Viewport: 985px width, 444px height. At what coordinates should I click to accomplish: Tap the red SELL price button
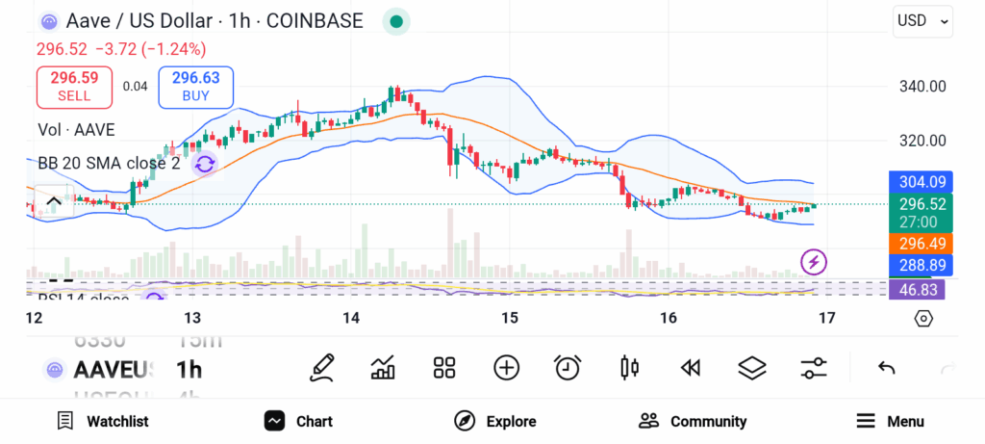click(x=74, y=87)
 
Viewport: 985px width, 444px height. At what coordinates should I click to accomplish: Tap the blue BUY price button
click(x=196, y=87)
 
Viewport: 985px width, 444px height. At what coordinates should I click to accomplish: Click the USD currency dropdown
click(x=922, y=20)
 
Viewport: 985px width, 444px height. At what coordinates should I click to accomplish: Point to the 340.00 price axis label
click(x=922, y=87)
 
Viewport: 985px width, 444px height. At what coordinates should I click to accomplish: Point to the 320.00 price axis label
click(x=922, y=141)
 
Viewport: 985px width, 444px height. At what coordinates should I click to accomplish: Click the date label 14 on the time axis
click(x=351, y=318)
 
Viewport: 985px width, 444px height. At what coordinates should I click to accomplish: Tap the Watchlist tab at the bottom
click(x=103, y=421)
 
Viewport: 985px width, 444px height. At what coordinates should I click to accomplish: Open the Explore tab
click(x=495, y=421)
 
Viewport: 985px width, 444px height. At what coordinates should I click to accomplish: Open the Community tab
click(x=693, y=421)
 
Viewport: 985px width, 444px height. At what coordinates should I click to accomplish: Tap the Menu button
click(x=890, y=421)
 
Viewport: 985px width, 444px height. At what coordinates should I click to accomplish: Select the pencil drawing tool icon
click(x=322, y=367)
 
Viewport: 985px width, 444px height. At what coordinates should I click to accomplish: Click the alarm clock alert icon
click(x=568, y=367)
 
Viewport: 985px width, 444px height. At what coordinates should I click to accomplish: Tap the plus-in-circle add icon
click(x=506, y=367)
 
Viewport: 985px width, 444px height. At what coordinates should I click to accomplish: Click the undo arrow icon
click(x=887, y=367)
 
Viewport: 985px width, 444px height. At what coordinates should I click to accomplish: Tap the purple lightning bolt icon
click(x=814, y=261)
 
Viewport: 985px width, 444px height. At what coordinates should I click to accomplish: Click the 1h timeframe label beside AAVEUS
click(x=189, y=370)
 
